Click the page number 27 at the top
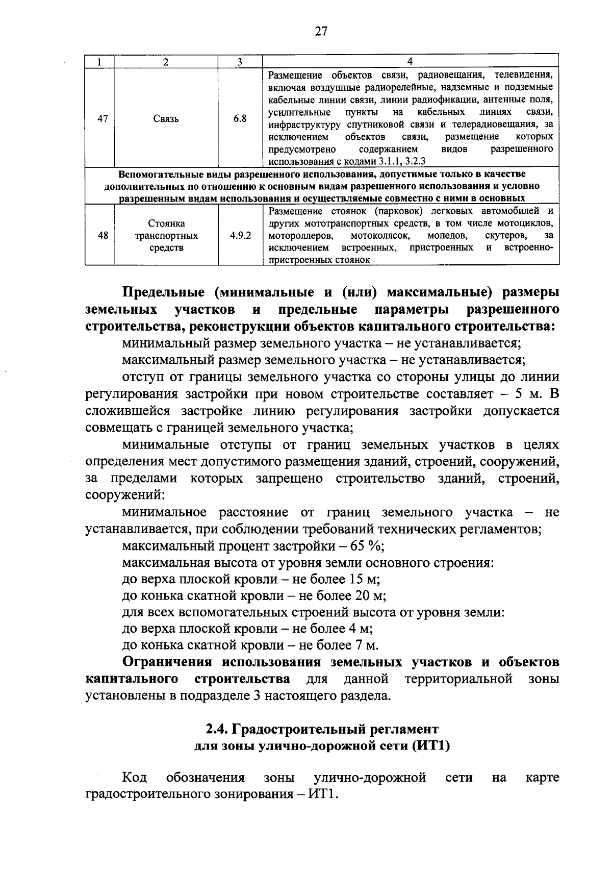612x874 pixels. click(321, 32)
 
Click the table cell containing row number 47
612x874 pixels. click(102, 119)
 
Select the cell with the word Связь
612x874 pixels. click(166, 119)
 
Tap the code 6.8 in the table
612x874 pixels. click(240, 119)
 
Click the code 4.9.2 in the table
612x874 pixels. click(240, 236)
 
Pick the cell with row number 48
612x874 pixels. click(102, 236)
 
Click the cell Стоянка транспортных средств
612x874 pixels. click(166, 236)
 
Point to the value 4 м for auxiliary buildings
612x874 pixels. click(361, 629)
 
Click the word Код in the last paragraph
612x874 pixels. click(135, 778)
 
